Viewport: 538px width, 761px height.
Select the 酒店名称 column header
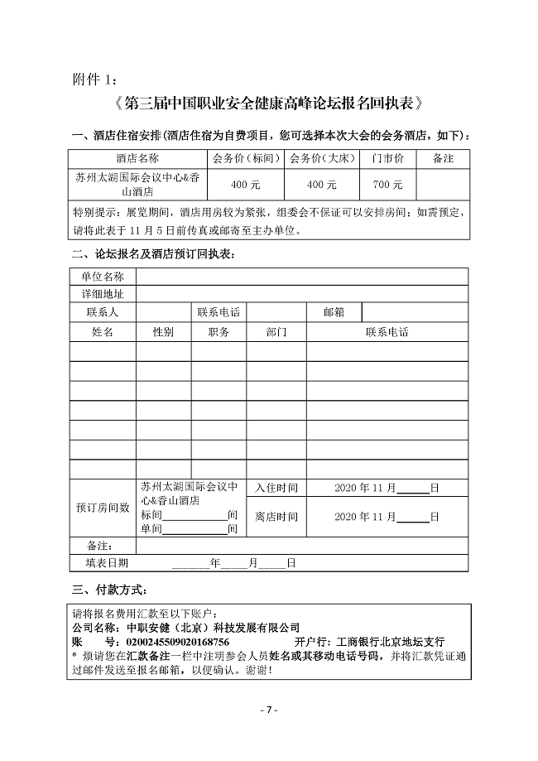[x=137, y=157]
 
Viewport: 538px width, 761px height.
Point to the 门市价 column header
[x=387, y=157]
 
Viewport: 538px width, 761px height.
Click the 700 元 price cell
[x=387, y=184]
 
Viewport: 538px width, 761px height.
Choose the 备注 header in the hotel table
[x=443, y=157]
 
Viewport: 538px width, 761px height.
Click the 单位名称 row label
[x=102, y=276]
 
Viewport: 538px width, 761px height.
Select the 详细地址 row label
[x=102, y=294]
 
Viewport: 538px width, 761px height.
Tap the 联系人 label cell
[x=102, y=312]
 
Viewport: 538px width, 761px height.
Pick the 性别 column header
[x=163, y=332]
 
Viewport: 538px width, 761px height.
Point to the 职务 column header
[x=219, y=332]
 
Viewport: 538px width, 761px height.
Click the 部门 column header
[x=276, y=332]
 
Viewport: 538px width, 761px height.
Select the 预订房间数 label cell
[x=102, y=507]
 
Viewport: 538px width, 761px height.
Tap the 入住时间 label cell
[x=276, y=489]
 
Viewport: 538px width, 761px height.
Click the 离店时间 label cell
[x=276, y=517]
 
